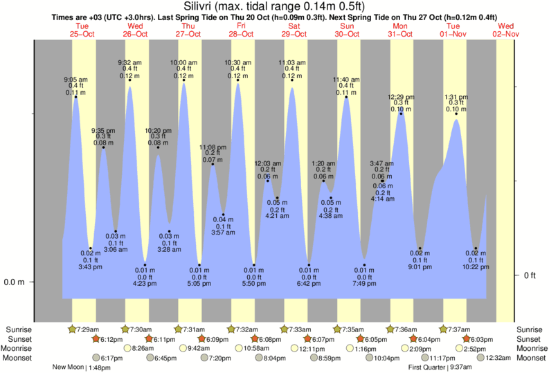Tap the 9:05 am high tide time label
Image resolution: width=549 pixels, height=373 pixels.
click(76, 80)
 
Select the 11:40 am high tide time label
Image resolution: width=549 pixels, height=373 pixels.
click(347, 80)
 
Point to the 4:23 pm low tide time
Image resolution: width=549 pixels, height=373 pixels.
click(145, 282)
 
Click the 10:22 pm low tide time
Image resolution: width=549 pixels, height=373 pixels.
click(476, 266)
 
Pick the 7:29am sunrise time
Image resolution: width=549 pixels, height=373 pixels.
click(87, 329)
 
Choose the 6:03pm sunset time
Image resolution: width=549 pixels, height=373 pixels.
click(482, 338)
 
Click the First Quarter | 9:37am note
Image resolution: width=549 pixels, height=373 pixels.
click(440, 367)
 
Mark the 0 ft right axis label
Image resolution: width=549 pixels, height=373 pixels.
click(530, 275)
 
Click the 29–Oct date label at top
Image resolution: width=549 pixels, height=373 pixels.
click(294, 33)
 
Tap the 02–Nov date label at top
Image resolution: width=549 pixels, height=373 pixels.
click(506, 33)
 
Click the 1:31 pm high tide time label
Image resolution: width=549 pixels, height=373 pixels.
click(456, 97)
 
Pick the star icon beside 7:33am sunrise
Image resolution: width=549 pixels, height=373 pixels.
click(285, 329)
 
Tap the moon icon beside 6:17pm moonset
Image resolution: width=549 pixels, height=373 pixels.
click(96, 358)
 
